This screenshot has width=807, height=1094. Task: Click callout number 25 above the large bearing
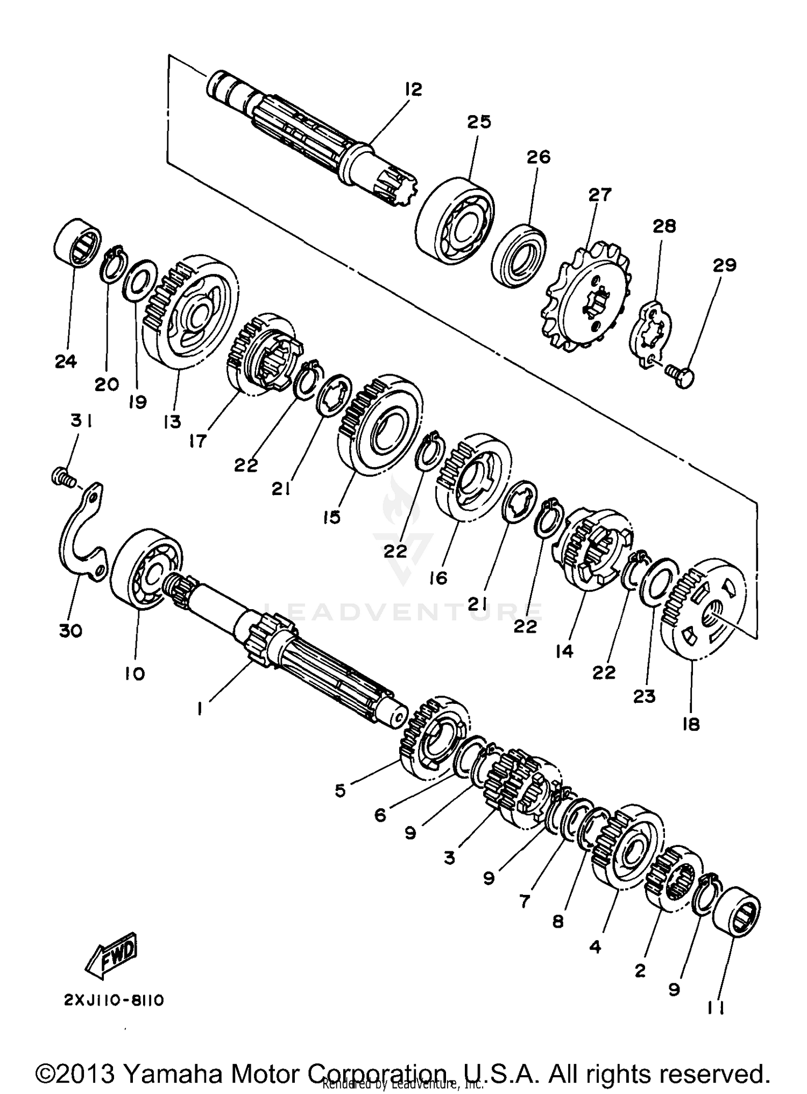click(x=479, y=122)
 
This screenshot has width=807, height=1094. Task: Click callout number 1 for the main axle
click(x=200, y=709)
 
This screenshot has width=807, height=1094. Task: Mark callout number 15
click(x=332, y=517)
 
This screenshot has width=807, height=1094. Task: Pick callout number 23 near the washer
click(x=645, y=696)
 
